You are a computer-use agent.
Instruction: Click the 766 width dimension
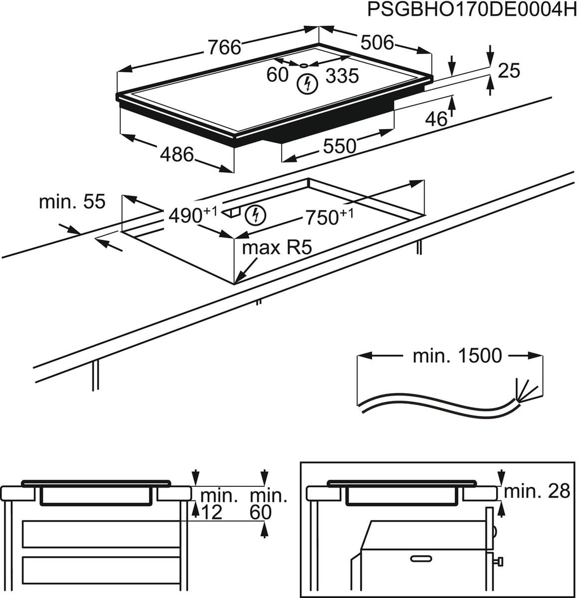[x=224, y=47]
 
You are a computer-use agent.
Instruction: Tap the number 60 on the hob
[x=277, y=74]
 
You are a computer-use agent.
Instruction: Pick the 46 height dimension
[x=435, y=119]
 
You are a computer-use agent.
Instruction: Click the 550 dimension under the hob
[x=339, y=146]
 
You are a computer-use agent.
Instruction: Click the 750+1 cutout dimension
[x=329, y=216]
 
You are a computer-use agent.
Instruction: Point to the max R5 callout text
[x=277, y=248]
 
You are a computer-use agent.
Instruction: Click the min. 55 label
[x=72, y=202]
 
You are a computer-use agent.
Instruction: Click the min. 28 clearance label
[x=537, y=492]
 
